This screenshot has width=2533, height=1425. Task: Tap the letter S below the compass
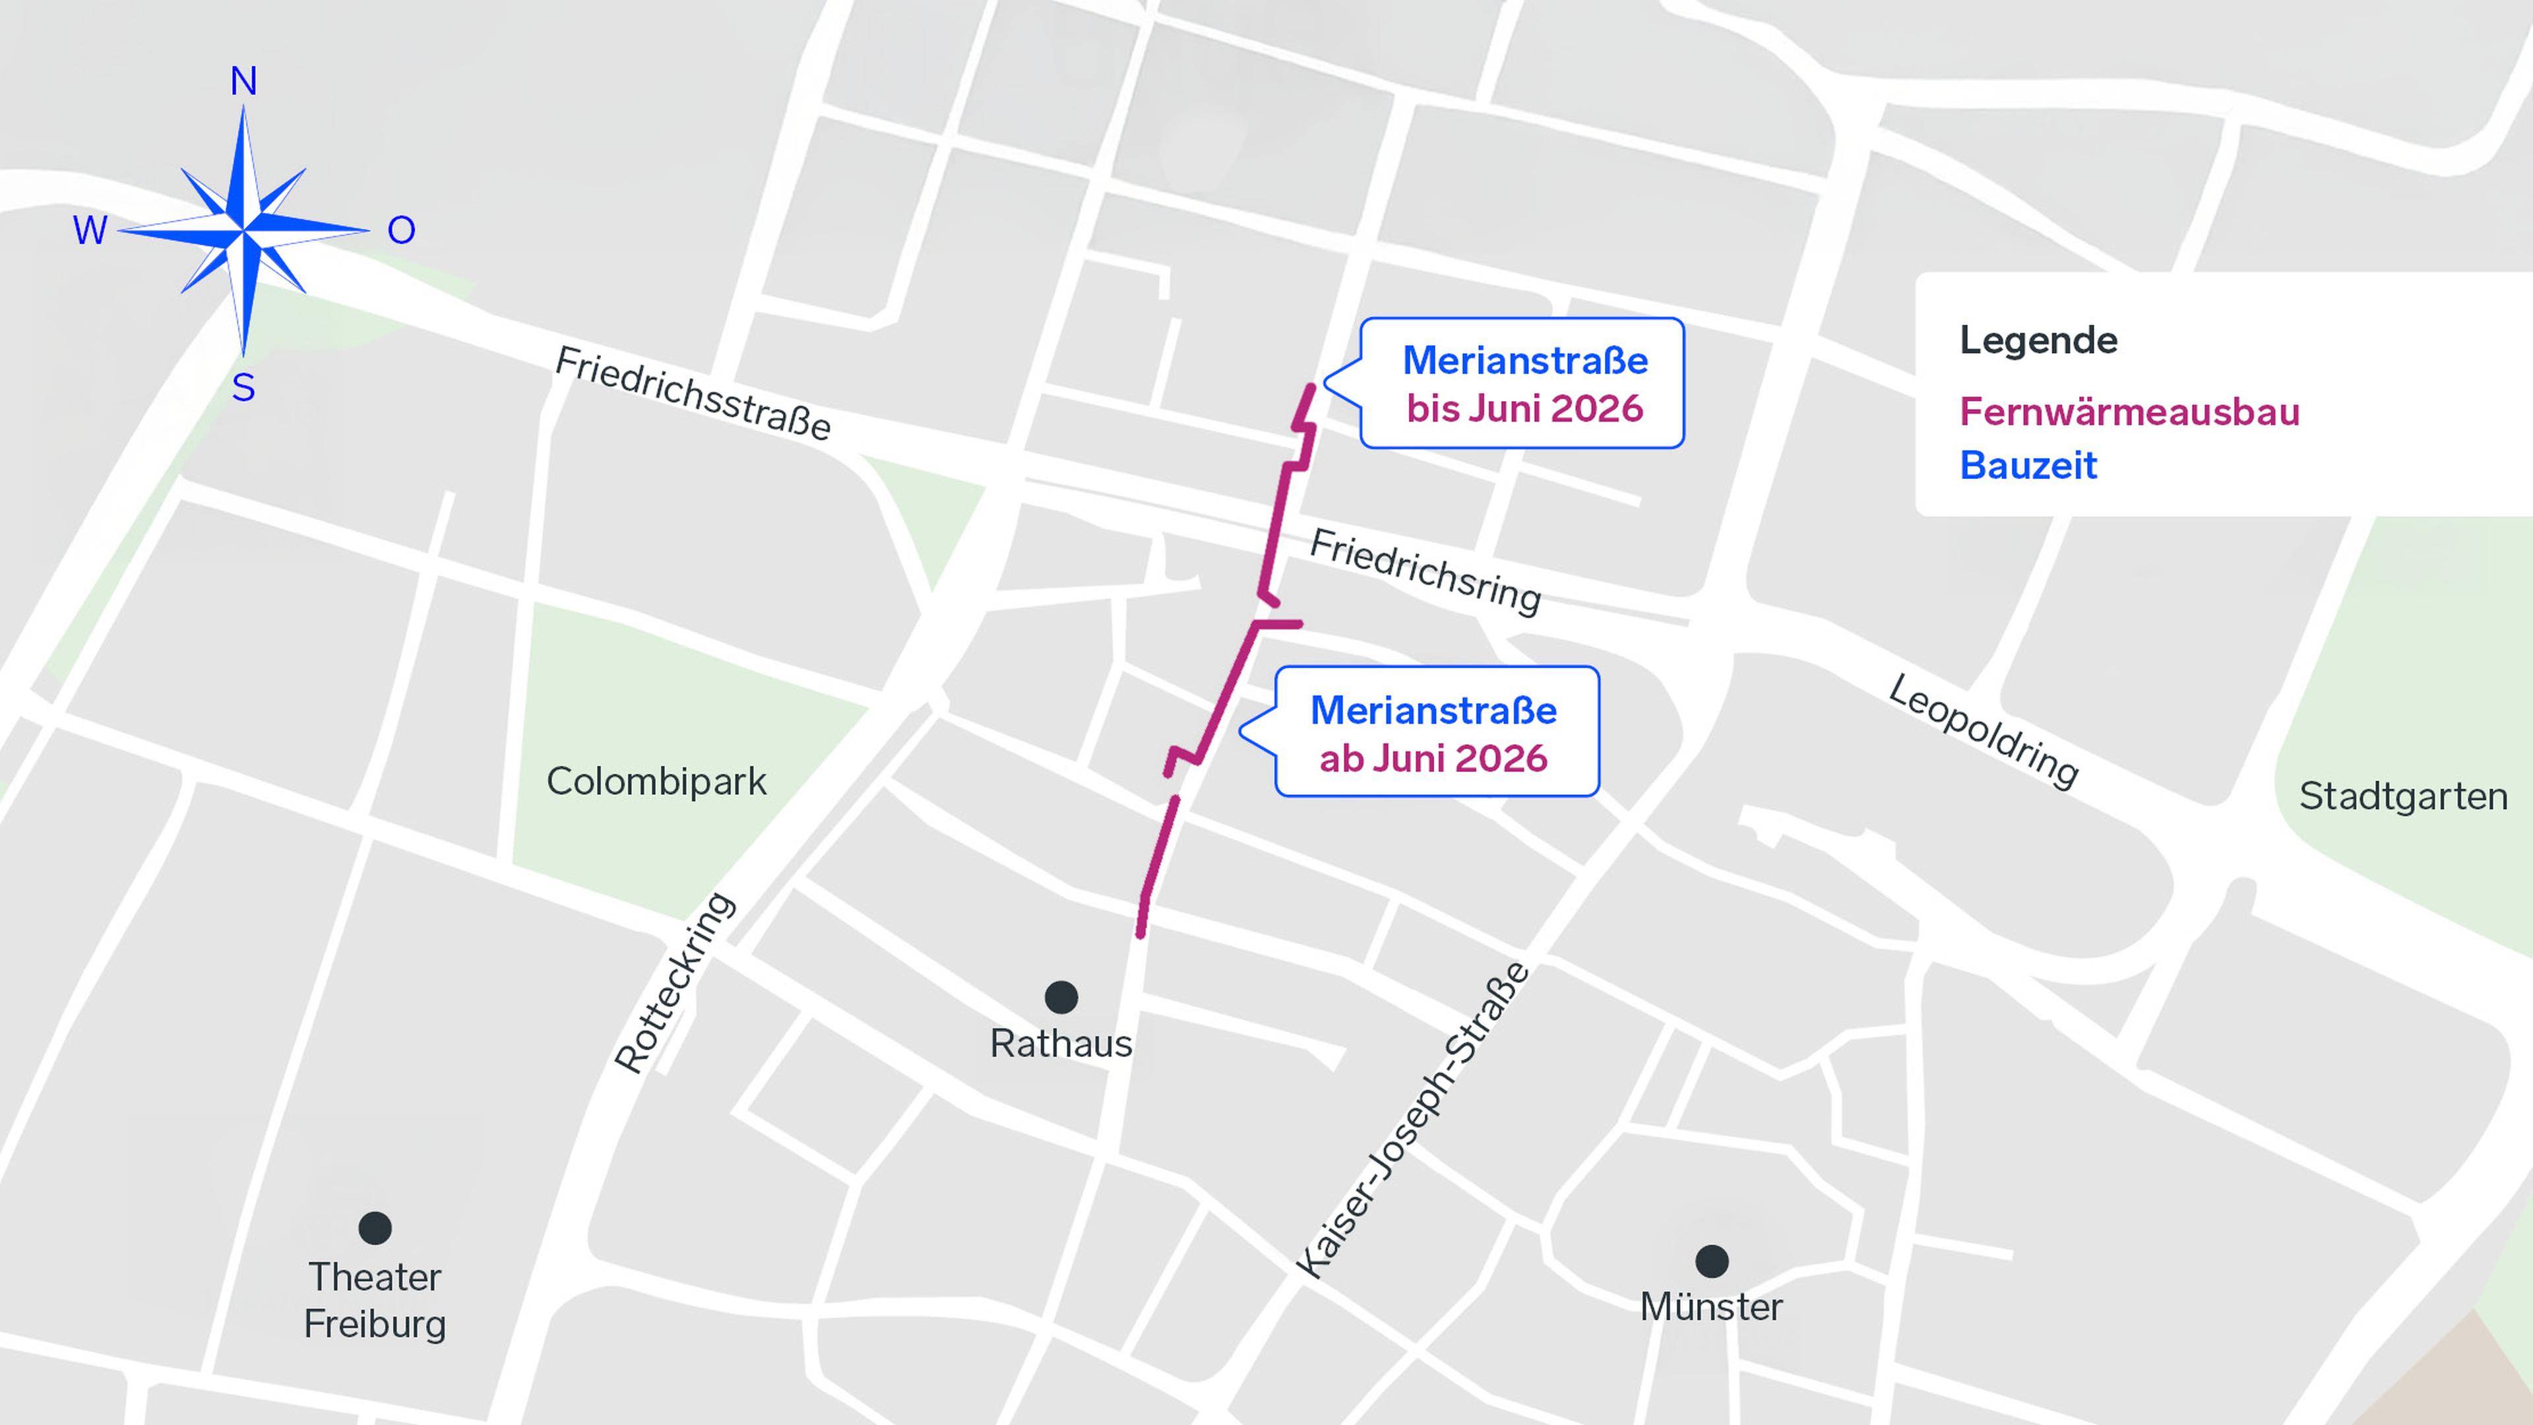pos(244,389)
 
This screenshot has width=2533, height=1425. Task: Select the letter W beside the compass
pos(90,231)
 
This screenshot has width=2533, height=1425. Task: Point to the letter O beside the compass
pos(401,231)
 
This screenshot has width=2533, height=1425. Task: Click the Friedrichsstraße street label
pos(692,393)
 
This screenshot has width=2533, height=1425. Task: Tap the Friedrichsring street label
pos(1425,571)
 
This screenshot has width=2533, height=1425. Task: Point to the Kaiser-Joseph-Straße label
pos(1413,1121)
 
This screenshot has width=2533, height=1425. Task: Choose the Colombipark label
pos(656,782)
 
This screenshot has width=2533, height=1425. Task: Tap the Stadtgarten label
pos(2402,796)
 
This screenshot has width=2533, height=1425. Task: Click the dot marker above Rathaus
pos(1061,997)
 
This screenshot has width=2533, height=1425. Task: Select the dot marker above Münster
pos(1712,1261)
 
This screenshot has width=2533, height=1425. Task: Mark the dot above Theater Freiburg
pos(375,1227)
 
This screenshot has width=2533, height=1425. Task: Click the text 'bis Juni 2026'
pos(1524,408)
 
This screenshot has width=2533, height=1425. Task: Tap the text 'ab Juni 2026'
pos(1433,758)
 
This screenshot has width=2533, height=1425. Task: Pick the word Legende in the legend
pos(2038,340)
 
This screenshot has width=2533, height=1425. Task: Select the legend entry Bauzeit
pos(2028,465)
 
